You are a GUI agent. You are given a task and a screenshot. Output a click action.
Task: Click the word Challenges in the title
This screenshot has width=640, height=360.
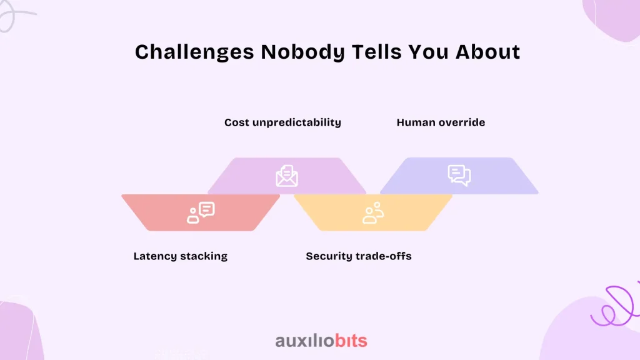[195, 52]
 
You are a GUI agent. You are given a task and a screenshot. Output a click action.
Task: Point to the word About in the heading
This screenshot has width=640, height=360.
[487, 52]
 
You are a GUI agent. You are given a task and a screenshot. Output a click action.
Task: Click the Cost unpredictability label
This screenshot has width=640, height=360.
[282, 122]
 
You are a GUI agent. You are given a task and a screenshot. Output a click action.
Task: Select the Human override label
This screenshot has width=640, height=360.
[441, 122]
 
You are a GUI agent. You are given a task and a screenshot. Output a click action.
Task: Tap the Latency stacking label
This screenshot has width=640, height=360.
[181, 256]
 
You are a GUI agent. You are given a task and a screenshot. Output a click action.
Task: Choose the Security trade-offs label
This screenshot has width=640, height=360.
[359, 256]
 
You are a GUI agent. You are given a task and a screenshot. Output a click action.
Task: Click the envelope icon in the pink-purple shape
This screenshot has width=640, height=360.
[286, 176]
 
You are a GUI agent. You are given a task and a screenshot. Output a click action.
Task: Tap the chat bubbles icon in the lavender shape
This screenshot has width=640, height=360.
[459, 176]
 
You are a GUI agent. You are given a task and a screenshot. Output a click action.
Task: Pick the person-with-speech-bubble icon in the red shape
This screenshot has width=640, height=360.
[201, 212]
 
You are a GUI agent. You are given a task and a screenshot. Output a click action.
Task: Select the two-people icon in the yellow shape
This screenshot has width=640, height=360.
[373, 212]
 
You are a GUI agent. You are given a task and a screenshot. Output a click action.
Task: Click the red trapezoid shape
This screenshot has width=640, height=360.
[201, 212]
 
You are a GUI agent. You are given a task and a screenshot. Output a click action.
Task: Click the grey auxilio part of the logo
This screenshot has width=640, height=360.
[304, 341]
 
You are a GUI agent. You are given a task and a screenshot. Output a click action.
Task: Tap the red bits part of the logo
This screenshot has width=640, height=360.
[351, 341]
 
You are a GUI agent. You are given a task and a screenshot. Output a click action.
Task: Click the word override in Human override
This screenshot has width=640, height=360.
[460, 122]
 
